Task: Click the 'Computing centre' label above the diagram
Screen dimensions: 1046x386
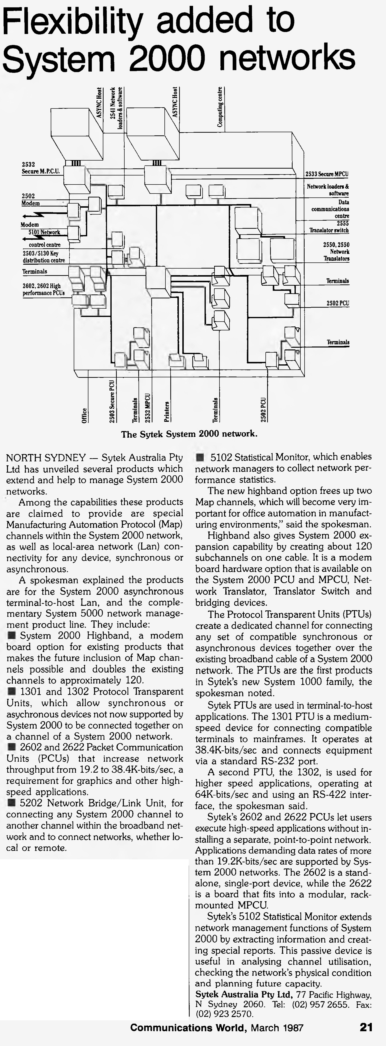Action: click(x=220, y=107)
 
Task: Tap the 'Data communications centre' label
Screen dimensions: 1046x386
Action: click(x=330, y=209)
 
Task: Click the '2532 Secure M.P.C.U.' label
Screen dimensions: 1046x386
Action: click(x=41, y=168)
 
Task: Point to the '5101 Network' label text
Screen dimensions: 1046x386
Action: click(x=44, y=232)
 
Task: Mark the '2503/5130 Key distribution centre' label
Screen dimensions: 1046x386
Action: click(x=44, y=257)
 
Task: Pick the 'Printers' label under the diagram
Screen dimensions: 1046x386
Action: click(x=167, y=411)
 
